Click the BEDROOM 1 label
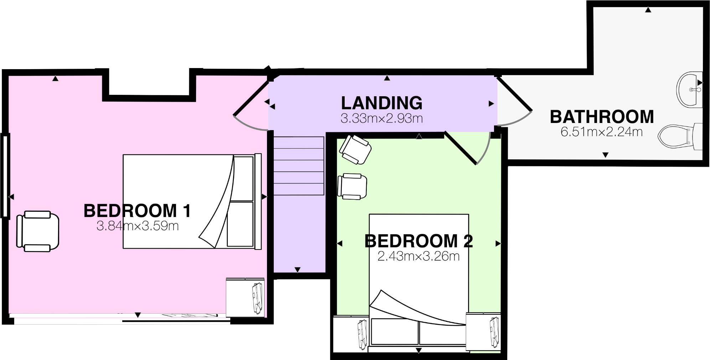click(x=137, y=211)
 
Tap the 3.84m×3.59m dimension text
click(x=137, y=226)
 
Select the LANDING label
click(x=381, y=103)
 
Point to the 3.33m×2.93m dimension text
click(x=381, y=118)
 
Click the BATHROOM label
click(x=602, y=117)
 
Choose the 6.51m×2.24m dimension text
click(x=602, y=132)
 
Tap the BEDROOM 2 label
click(x=418, y=241)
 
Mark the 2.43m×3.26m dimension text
click(x=418, y=256)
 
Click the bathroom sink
click(x=689, y=89)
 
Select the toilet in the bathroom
click(x=679, y=137)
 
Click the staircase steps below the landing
click(x=299, y=166)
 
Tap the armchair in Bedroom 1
click(x=37, y=231)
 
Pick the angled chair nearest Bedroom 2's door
click(x=355, y=149)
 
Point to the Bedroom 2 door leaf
click(x=461, y=148)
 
